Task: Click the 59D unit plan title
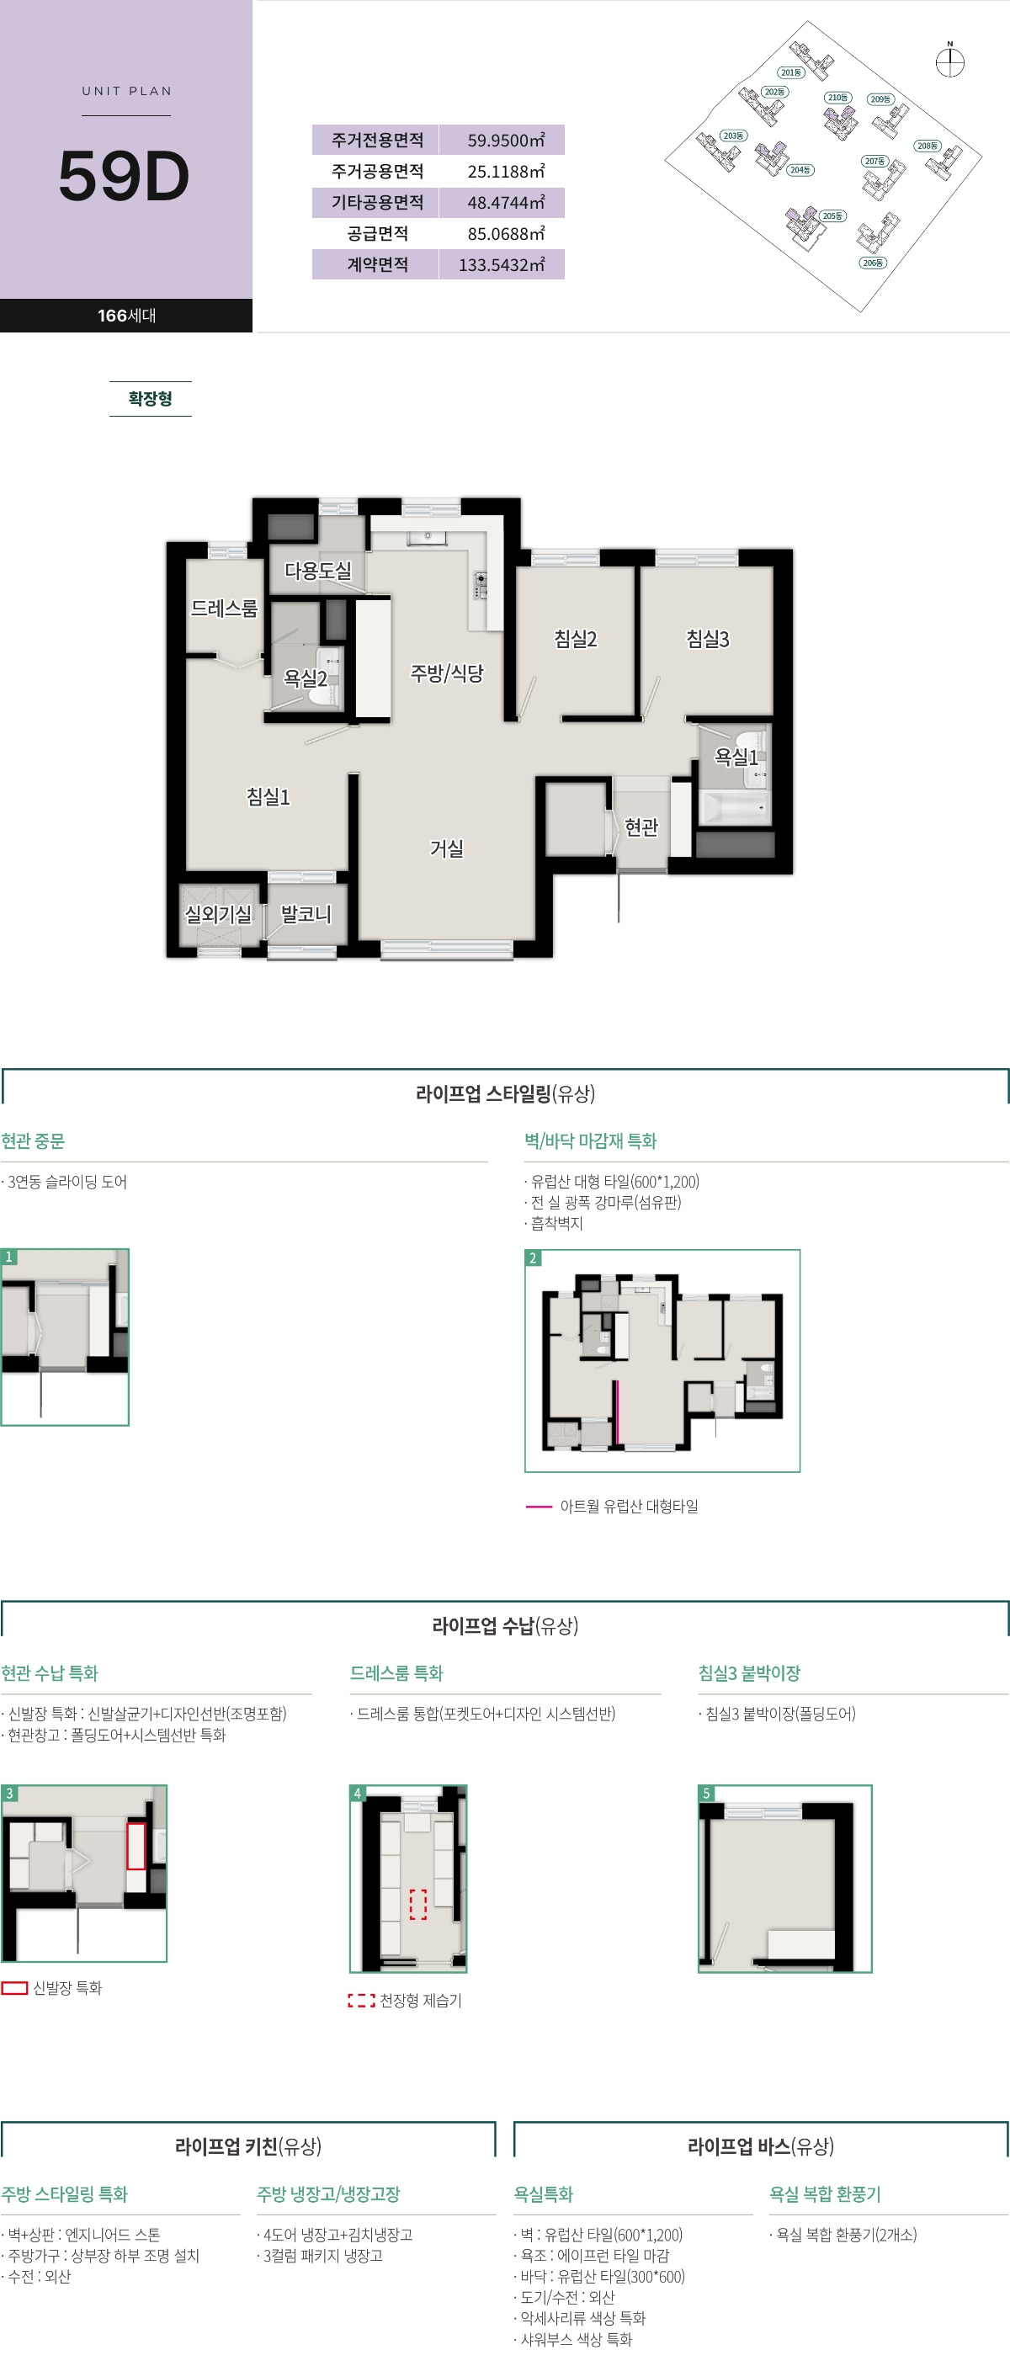coord(124,177)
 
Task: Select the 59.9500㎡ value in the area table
coord(505,141)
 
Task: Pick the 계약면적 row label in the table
coord(377,264)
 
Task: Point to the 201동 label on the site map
coord(790,72)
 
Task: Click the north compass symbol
coord(949,61)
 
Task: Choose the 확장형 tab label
coord(150,399)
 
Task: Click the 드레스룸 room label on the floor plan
coord(224,608)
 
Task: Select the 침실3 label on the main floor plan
coord(708,638)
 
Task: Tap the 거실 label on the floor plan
coord(447,848)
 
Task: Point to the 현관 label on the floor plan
coord(641,827)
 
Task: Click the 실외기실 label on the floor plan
coord(218,914)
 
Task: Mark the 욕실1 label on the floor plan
coord(736,757)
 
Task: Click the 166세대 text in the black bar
coord(127,315)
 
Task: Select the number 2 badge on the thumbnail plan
coord(533,1258)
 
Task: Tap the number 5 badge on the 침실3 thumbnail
coord(706,1793)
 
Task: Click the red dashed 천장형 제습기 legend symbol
coord(361,2001)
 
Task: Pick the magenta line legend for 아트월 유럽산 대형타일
coord(538,1507)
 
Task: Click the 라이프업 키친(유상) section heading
coord(248,2145)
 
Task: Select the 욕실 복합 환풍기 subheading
coord(825,2194)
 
